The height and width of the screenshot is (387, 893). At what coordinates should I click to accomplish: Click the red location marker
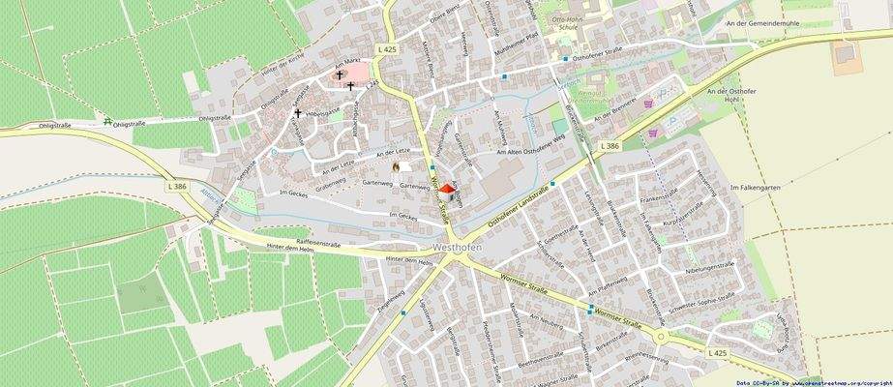[446, 193]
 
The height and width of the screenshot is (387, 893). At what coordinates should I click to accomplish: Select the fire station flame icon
[395, 166]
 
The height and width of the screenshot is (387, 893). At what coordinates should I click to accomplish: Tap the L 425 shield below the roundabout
[717, 355]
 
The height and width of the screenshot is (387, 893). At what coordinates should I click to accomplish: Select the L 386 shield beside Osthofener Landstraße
[609, 145]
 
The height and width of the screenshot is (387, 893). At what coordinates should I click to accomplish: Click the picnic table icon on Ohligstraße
[107, 123]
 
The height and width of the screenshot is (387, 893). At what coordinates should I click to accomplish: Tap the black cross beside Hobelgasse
[298, 113]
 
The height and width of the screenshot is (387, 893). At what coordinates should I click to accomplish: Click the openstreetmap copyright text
[813, 383]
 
